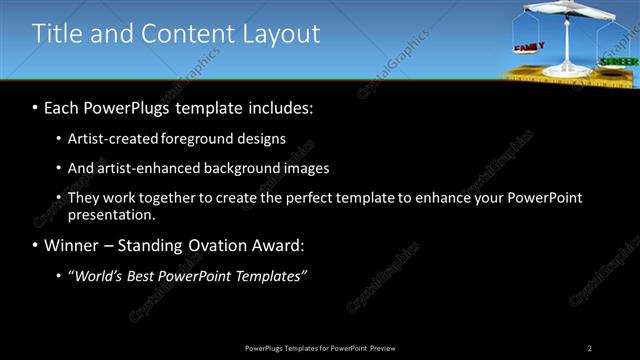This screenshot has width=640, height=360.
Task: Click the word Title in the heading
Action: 58,33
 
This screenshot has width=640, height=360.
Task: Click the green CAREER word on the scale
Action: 618,62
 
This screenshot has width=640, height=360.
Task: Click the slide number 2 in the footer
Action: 590,347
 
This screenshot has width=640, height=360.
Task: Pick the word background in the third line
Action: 237,168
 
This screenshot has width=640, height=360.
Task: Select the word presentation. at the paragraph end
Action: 112,214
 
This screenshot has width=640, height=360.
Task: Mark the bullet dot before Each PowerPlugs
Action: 36,107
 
